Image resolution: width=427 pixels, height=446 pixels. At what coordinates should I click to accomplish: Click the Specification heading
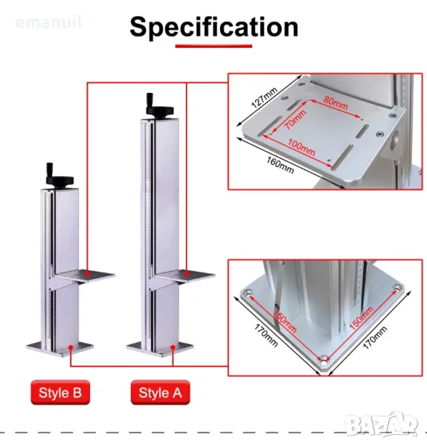click(213, 28)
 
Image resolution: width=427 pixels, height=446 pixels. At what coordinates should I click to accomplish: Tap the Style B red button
click(60, 392)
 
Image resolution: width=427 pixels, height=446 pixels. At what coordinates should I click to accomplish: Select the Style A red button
click(160, 392)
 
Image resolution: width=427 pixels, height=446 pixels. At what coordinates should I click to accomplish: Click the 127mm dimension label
click(264, 98)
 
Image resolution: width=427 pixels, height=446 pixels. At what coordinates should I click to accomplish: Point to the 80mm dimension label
click(335, 103)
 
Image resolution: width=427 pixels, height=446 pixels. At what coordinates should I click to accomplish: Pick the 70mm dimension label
click(295, 119)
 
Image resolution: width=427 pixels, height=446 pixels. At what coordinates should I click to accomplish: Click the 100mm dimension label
click(301, 147)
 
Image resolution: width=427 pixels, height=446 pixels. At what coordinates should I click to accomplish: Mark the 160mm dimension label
click(280, 165)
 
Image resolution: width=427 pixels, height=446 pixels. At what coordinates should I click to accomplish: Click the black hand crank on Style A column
click(158, 106)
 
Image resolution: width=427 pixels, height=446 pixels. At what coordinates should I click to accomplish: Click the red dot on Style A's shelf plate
click(187, 274)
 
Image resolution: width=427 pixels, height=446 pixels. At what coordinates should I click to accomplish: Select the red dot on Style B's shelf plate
click(87, 274)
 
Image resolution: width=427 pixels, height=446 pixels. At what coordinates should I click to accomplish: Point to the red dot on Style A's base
click(173, 347)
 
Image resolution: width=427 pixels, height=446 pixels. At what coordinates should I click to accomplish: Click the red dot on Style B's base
click(71, 347)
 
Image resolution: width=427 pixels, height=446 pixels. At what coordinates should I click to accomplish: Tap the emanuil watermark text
click(48, 22)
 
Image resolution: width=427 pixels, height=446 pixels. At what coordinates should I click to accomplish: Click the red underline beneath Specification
click(213, 46)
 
